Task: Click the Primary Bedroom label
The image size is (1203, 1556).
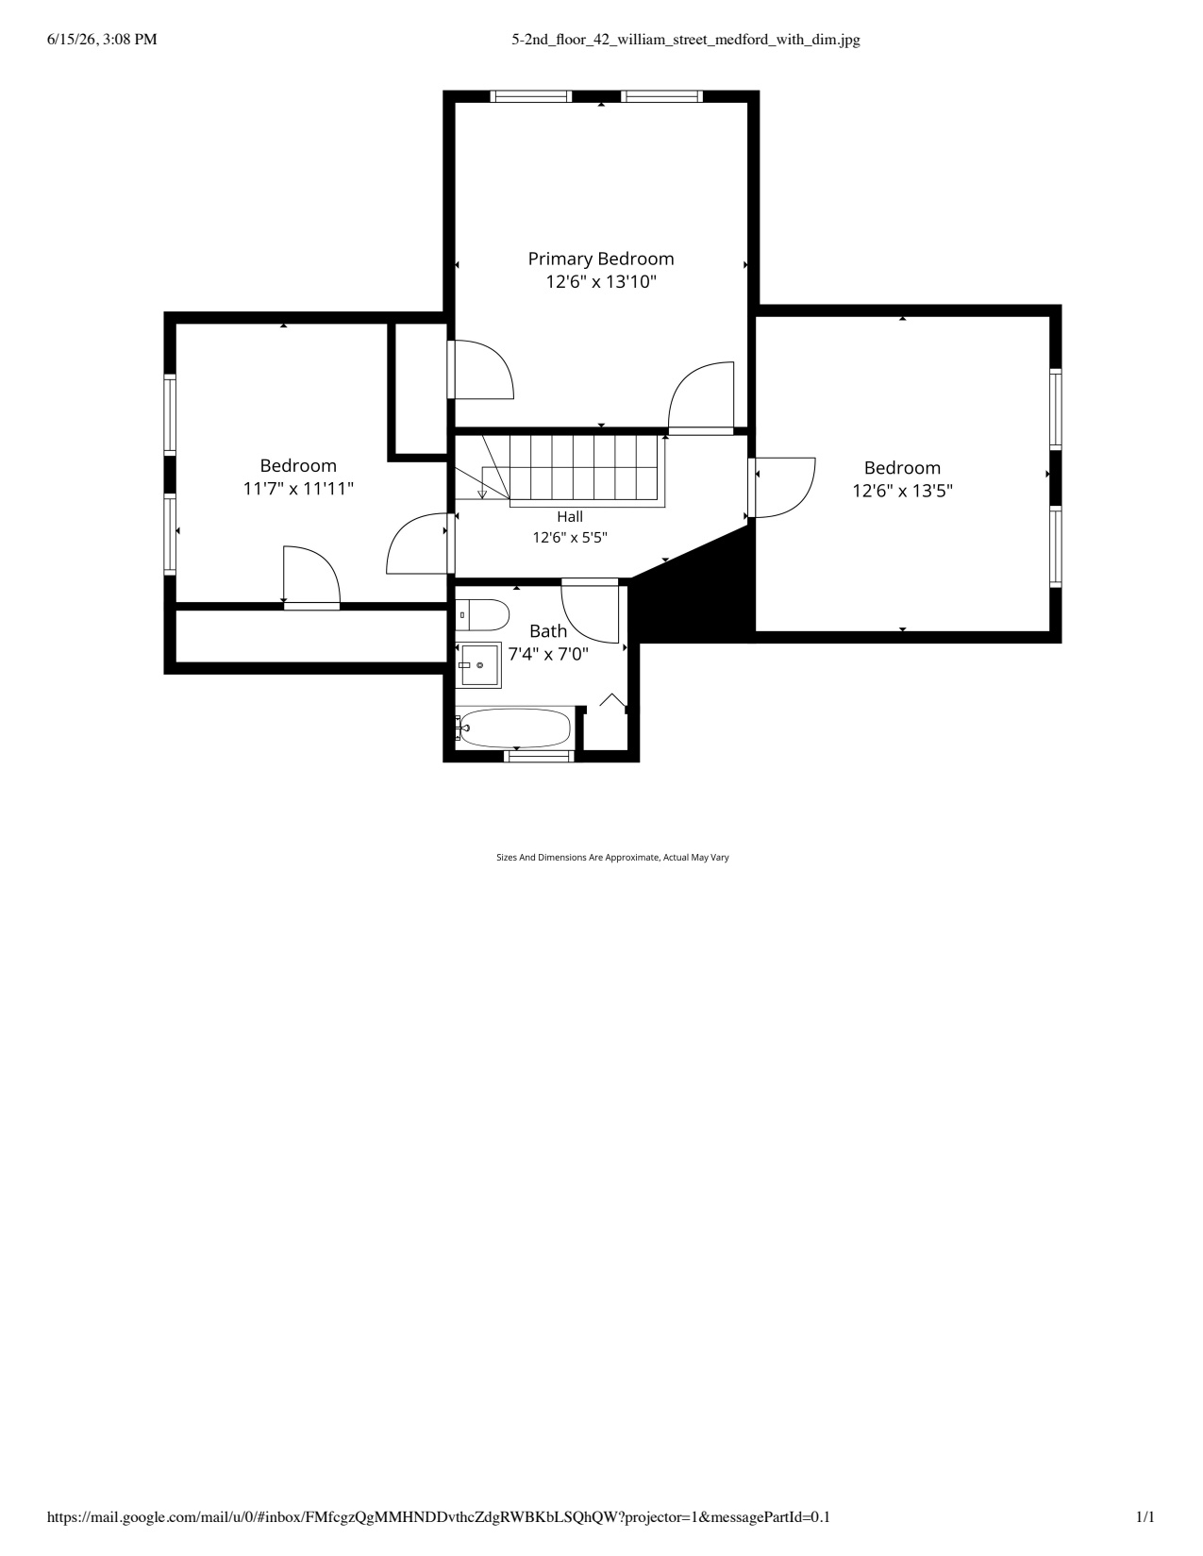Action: tap(600, 259)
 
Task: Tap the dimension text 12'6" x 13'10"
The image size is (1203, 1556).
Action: tap(600, 282)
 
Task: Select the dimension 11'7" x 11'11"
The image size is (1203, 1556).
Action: tap(298, 489)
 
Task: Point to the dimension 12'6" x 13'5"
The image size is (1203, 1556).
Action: tap(902, 492)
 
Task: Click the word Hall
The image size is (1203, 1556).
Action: tap(570, 516)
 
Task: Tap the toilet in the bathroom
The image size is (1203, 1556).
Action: tap(481, 614)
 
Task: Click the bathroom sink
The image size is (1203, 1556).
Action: tap(478, 664)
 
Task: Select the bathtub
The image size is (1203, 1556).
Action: tap(513, 728)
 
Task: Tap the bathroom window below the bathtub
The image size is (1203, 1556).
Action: tap(539, 756)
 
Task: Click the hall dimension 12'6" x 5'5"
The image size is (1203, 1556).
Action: tap(570, 537)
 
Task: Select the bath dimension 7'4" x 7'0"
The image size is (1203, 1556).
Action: tap(548, 654)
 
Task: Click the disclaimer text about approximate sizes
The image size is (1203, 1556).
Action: tap(612, 857)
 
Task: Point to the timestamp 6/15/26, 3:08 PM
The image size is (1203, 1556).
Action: tap(102, 40)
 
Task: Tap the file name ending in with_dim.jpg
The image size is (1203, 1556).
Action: tap(686, 40)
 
